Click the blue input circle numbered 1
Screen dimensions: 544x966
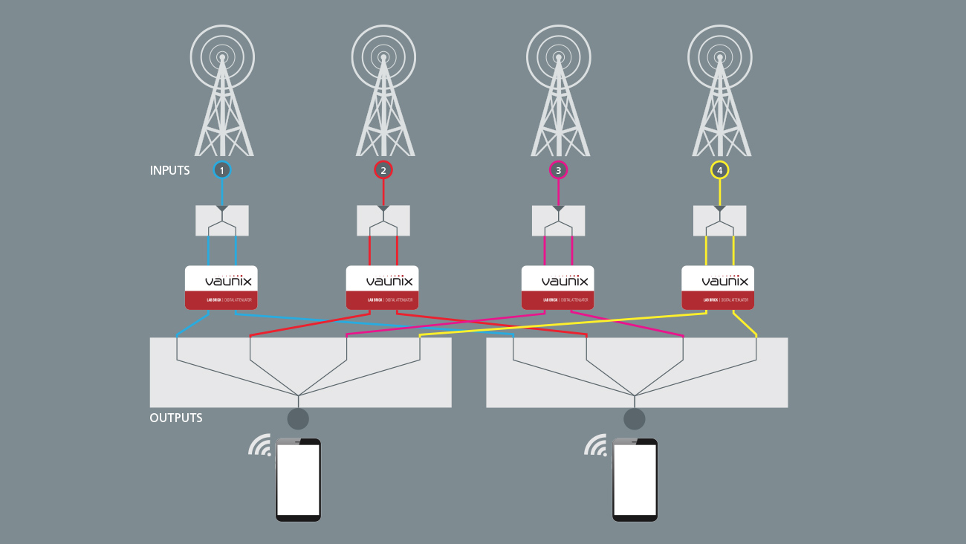point(221,170)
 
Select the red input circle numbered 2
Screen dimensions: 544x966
point(383,170)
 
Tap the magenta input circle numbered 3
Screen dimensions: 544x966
point(559,170)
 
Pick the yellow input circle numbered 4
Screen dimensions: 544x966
point(719,170)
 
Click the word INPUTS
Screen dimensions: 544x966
point(169,170)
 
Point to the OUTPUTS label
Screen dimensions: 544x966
point(176,418)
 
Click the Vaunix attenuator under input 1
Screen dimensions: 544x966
point(221,288)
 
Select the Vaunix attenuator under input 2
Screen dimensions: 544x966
point(382,288)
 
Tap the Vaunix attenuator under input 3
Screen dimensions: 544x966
point(557,288)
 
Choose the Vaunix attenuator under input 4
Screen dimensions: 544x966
point(718,288)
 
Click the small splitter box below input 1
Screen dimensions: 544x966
point(221,221)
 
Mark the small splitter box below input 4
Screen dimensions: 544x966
point(719,221)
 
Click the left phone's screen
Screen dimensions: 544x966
point(298,480)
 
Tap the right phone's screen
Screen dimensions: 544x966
point(635,480)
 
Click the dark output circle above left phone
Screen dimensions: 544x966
point(298,419)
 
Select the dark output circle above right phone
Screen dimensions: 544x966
point(635,419)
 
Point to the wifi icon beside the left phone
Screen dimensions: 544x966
point(260,445)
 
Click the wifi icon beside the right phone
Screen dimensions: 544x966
point(596,445)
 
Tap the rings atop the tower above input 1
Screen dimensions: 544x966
point(221,56)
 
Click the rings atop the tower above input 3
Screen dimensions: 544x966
point(559,56)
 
